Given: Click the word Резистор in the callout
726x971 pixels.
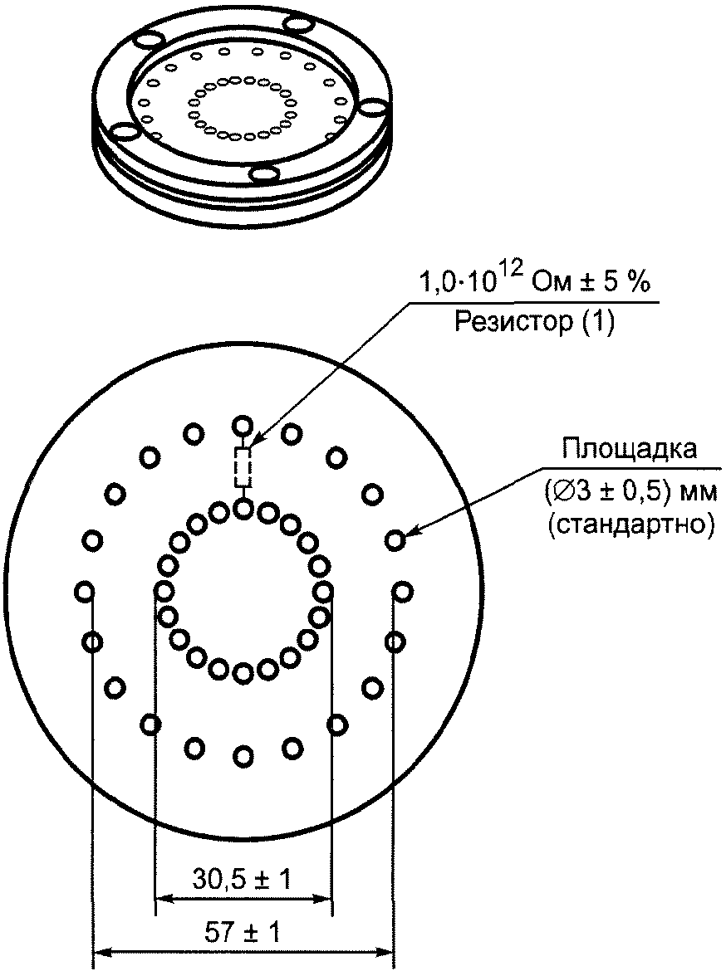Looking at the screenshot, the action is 513,322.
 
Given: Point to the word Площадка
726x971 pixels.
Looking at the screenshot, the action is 629,449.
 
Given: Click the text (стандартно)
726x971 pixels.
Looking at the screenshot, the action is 630,525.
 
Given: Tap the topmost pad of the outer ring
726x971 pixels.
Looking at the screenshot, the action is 243,426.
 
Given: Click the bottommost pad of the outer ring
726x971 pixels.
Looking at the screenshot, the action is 243,755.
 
